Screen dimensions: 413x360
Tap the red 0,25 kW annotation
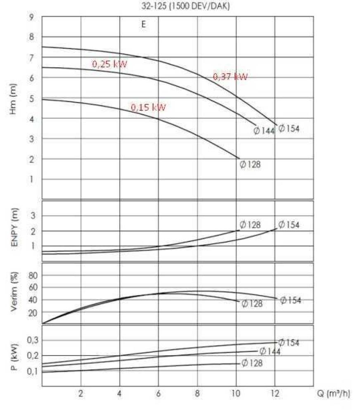[x=109, y=64]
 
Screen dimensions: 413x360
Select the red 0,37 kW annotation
[x=230, y=77]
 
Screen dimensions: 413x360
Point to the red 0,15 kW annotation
[x=149, y=107]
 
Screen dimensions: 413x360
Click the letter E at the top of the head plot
[x=144, y=24]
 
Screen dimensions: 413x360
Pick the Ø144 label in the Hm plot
[x=264, y=131]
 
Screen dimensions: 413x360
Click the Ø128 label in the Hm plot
[x=250, y=164]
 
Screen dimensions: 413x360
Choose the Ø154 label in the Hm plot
[x=289, y=128]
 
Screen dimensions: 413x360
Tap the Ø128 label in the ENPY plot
[x=250, y=225]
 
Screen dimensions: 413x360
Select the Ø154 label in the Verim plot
[x=291, y=300]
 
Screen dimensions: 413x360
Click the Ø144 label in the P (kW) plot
[x=270, y=351]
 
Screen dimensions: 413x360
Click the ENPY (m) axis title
[x=14, y=231]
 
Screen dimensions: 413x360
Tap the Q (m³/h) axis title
[x=334, y=394]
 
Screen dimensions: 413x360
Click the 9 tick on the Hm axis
[x=31, y=17]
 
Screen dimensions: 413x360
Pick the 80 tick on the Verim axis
[x=33, y=275]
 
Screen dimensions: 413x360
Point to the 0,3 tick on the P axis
[x=32, y=340]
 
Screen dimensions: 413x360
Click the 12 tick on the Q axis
[x=275, y=394]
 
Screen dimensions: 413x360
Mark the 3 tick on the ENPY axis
[x=34, y=216]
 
